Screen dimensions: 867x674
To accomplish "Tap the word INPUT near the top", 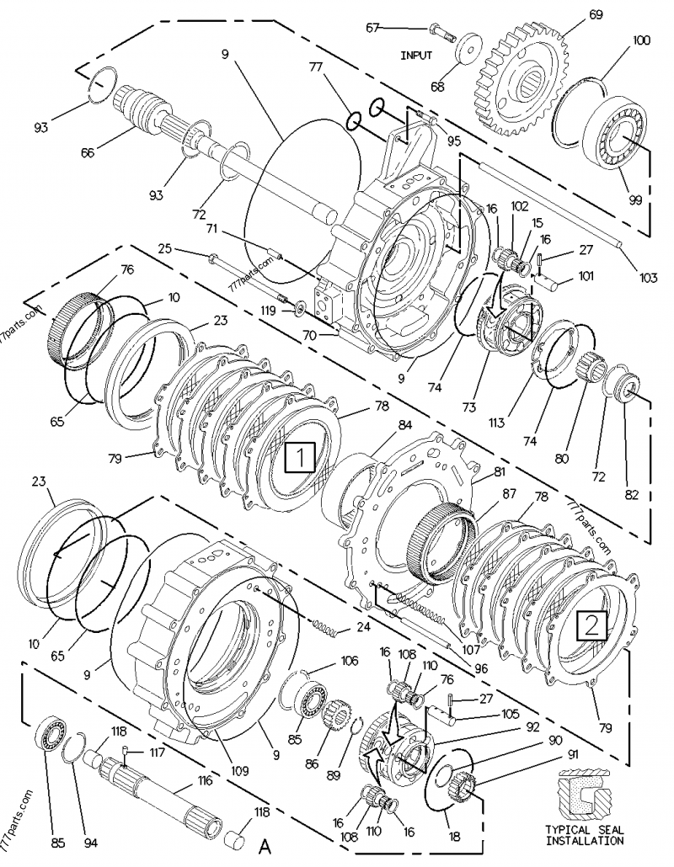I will point(416,55).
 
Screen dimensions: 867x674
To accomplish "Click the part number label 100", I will point(641,40).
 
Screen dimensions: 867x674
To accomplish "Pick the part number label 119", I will point(268,311).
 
